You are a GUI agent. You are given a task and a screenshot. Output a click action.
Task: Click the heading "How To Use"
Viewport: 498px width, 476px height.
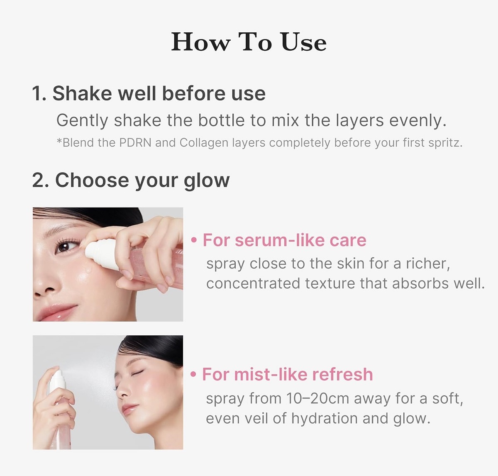249,42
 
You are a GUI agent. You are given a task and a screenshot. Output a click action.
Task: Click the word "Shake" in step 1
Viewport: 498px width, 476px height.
82,93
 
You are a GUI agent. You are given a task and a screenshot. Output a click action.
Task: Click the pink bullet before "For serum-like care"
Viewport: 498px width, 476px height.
194,240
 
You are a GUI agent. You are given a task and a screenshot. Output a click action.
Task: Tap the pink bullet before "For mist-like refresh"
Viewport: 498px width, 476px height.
194,374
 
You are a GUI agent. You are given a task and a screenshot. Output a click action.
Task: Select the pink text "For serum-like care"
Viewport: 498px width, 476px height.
284,240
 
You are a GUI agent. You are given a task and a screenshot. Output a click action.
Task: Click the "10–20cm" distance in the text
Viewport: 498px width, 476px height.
317,398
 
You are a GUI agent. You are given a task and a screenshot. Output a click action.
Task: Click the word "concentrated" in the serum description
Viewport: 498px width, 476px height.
253,284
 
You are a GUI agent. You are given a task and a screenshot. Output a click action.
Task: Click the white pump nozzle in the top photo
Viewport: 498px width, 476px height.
101,253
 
